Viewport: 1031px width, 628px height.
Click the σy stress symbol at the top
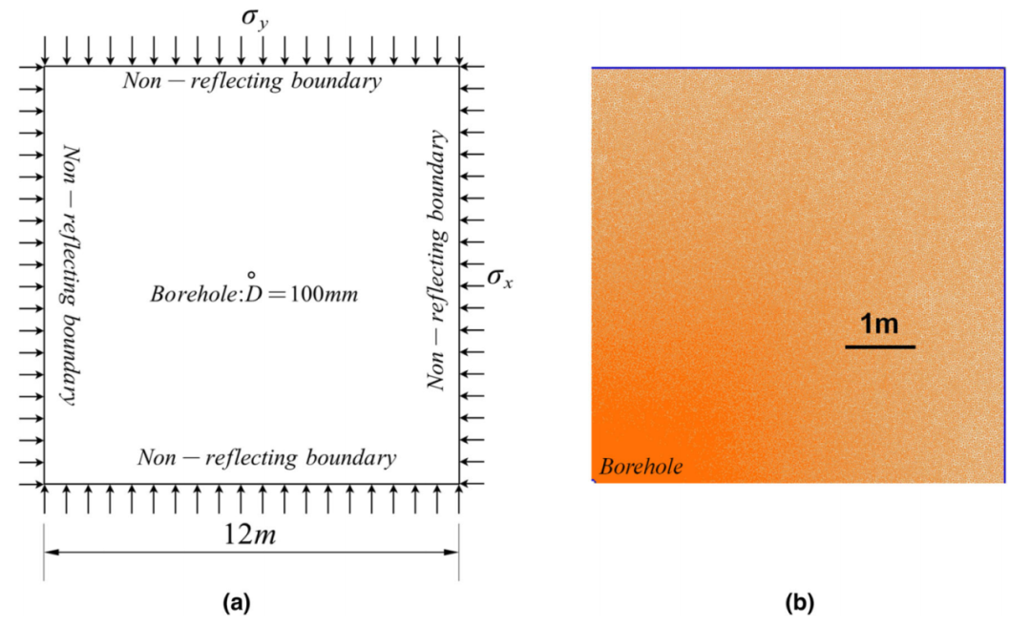255,18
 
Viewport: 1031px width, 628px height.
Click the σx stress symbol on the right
499,278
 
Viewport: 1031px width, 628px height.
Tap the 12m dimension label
250,534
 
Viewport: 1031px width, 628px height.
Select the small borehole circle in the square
251,276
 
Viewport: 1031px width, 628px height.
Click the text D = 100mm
302,294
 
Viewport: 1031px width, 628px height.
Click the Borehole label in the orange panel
642,467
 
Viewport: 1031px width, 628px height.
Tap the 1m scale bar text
879,324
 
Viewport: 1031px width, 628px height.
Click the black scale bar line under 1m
880,345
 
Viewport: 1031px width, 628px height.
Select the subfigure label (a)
237,602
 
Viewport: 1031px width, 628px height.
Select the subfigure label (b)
800,602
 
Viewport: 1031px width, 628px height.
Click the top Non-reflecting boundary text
252,81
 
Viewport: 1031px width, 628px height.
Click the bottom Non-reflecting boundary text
267,457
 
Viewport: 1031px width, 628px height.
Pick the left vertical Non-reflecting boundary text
70,275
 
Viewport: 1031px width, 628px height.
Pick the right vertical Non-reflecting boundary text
436,260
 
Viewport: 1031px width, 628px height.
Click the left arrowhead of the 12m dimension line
52,552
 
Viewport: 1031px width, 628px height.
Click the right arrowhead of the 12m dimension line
451,552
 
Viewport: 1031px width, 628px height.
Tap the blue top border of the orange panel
798,68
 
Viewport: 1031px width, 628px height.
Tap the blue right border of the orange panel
1004,275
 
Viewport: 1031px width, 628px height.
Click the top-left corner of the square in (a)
44,67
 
